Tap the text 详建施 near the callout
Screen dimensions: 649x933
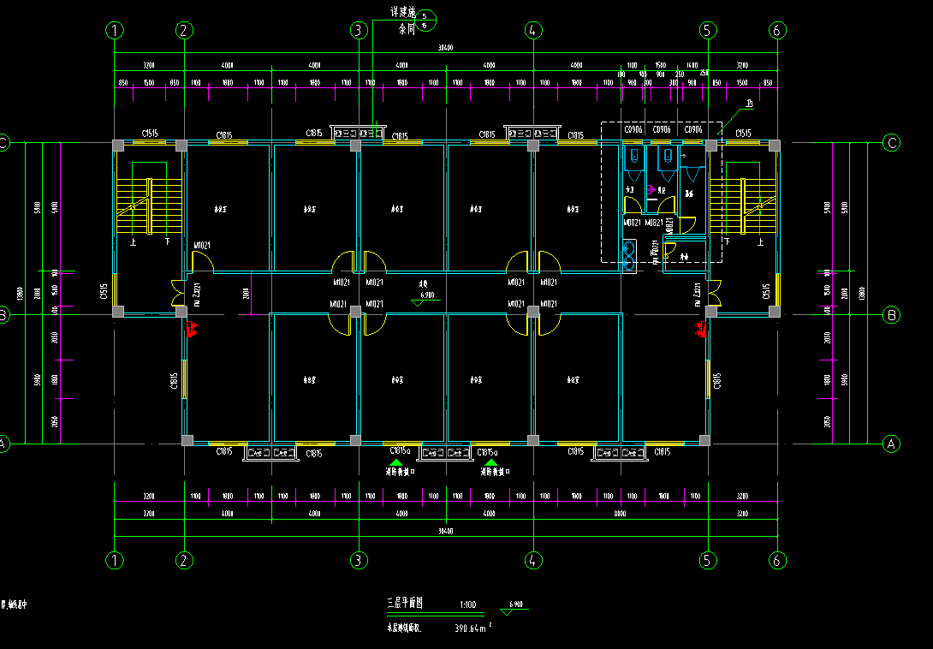pyautogui.click(x=401, y=13)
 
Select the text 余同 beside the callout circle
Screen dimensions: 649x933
pyautogui.click(x=407, y=28)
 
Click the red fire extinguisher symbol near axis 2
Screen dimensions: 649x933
pyautogui.click(x=193, y=328)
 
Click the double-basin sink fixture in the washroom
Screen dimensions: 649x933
pyautogui.click(x=631, y=253)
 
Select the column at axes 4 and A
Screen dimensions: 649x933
pyautogui.click(x=533, y=441)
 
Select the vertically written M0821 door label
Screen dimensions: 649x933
pyautogui.click(x=669, y=223)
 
